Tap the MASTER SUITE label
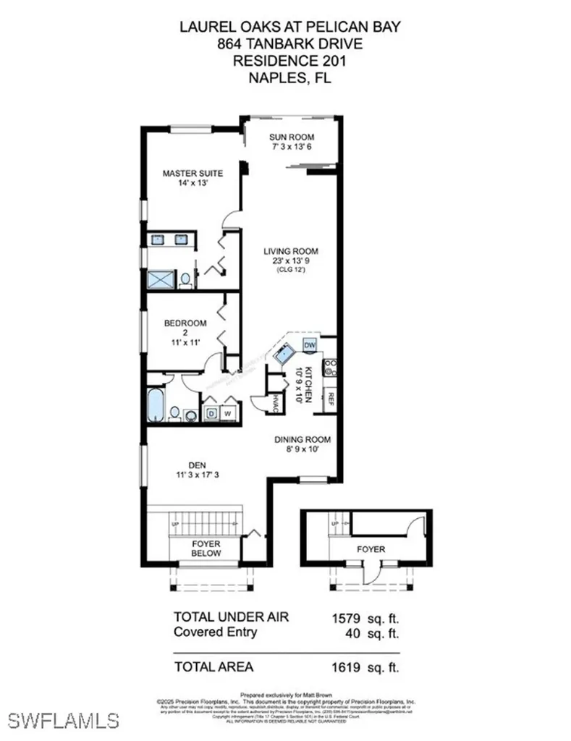click(192, 174)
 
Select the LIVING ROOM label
click(290, 252)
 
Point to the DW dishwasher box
click(310, 344)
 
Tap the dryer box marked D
click(211, 413)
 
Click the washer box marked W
click(227, 413)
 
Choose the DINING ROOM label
click(302, 439)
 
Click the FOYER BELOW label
click(205, 548)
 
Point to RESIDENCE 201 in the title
click(289, 62)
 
